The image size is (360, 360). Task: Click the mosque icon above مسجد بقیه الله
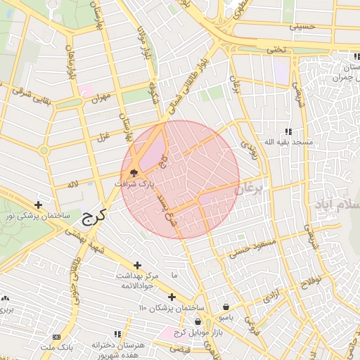(x=288, y=131)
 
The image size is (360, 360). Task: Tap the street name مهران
(x=103, y=99)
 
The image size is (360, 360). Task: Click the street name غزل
(x=103, y=136)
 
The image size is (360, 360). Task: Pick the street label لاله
(x=72, y=184)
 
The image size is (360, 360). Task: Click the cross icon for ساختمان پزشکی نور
(x=38, y=205)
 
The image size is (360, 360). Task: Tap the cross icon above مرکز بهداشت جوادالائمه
(x=138, y=264)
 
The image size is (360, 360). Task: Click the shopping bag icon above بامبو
(x=226, y=307)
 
